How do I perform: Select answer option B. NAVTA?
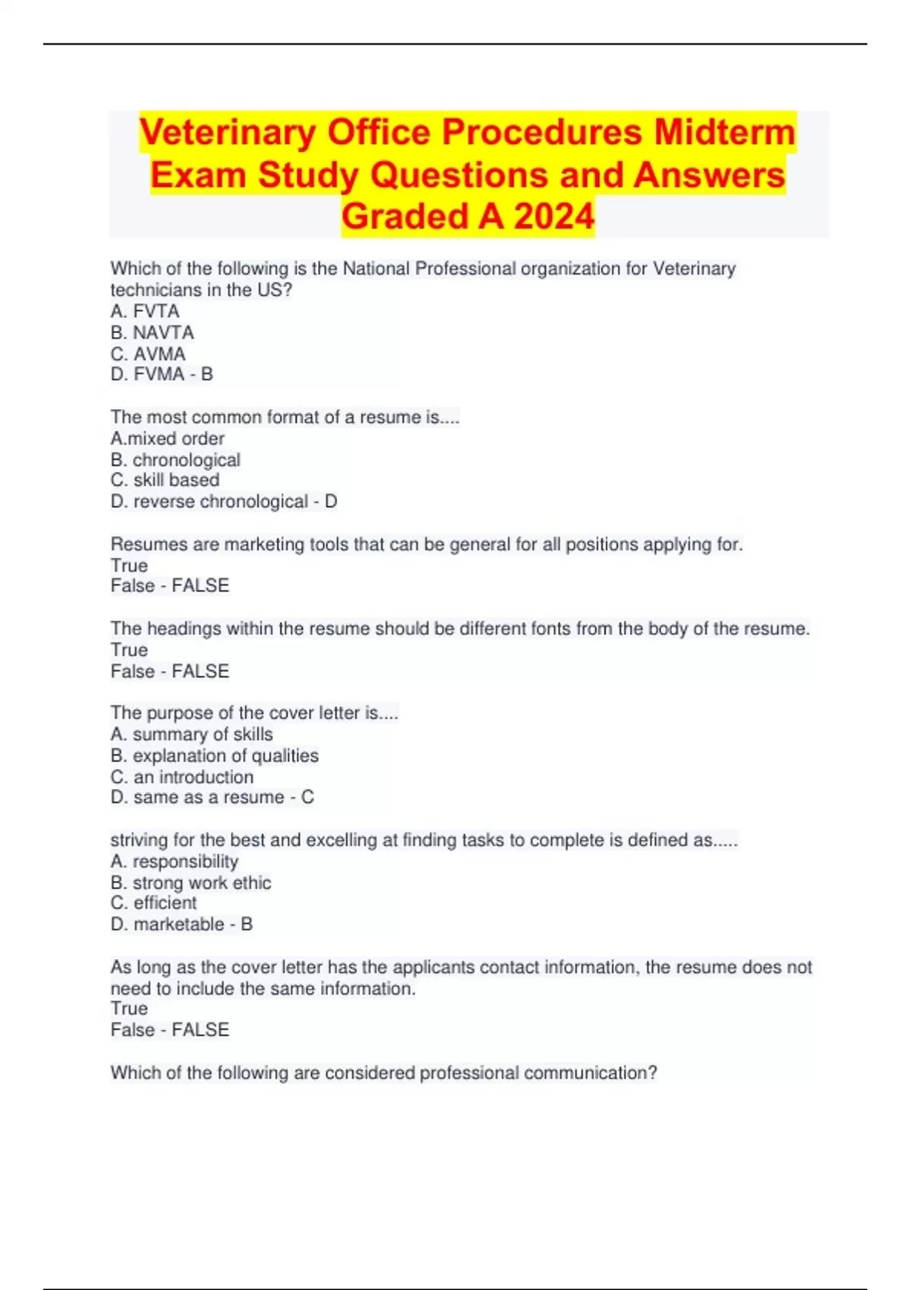click(x=152, y=332)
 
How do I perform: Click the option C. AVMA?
click(x=148, y=354)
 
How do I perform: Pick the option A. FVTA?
click(x=145, y=311)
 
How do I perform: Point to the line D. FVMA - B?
click(x=162, y=374)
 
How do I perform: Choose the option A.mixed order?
click(x=167, y=439)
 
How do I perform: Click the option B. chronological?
click(x=175, y=460)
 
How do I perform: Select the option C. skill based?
click(x=165, y=480)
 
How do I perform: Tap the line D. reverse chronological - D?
click(x=224, y=502)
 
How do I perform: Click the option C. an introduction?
click(x=182, y=777)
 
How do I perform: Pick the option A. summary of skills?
click(x=191, y=735)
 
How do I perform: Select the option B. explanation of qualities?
click(x=214, y=756)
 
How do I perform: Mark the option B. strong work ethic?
click(x=191, y=883)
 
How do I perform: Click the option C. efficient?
click(x=153, y=903)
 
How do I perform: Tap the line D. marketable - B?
click(x=181, y=924)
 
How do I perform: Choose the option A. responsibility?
click(x=174, y=861)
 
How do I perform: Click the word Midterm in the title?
click(x=724, y=133)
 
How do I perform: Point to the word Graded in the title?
click(x=404, y=217)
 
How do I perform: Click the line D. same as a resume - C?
click(x=212, y=798)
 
